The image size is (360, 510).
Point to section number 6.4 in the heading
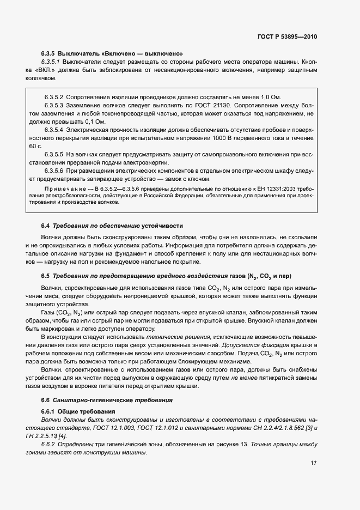tap(46, 226)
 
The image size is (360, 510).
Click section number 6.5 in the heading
tap(46, 277)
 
